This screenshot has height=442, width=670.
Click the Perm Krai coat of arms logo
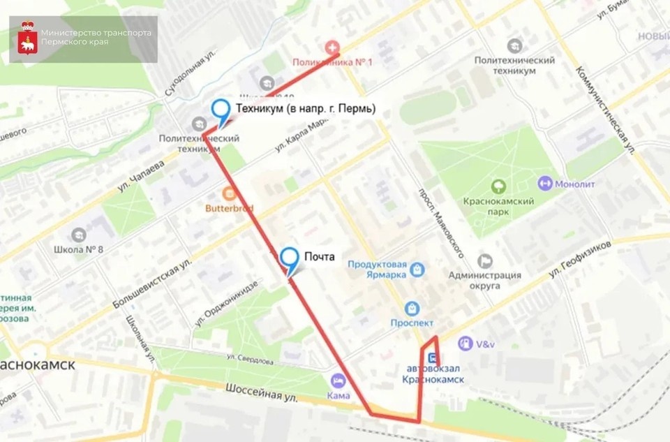click(x=24, y=38)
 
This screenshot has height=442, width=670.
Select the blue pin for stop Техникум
click(x=221, y=110)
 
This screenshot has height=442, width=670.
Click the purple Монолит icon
click(x=545, y=183)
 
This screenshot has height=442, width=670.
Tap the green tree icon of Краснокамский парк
click(x=498, y=186)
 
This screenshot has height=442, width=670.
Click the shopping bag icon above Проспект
click(x=412, y=308)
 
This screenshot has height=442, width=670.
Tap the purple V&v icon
click(x=465, y=344)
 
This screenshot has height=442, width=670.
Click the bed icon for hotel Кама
click(x=338, y=381)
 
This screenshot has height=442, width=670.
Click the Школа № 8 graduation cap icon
click(x=78, y=234)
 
